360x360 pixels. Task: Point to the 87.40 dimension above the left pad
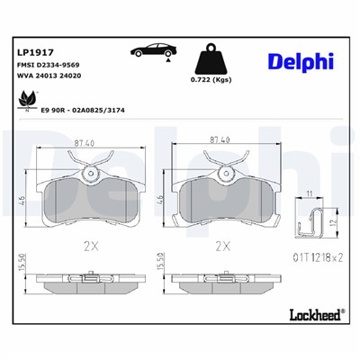(84, 140)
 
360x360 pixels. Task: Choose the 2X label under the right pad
(222, 245)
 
